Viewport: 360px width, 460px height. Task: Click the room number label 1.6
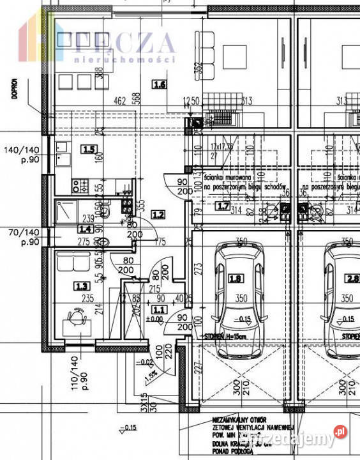click(x=160, y=84)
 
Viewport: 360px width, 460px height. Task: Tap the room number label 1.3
click(x=81, y=286)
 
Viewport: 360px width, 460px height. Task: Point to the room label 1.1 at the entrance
click(x=159, y=309)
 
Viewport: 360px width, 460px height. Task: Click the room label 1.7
click(x=223, y=206)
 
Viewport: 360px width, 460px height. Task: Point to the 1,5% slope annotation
click(x=151, y=374)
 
